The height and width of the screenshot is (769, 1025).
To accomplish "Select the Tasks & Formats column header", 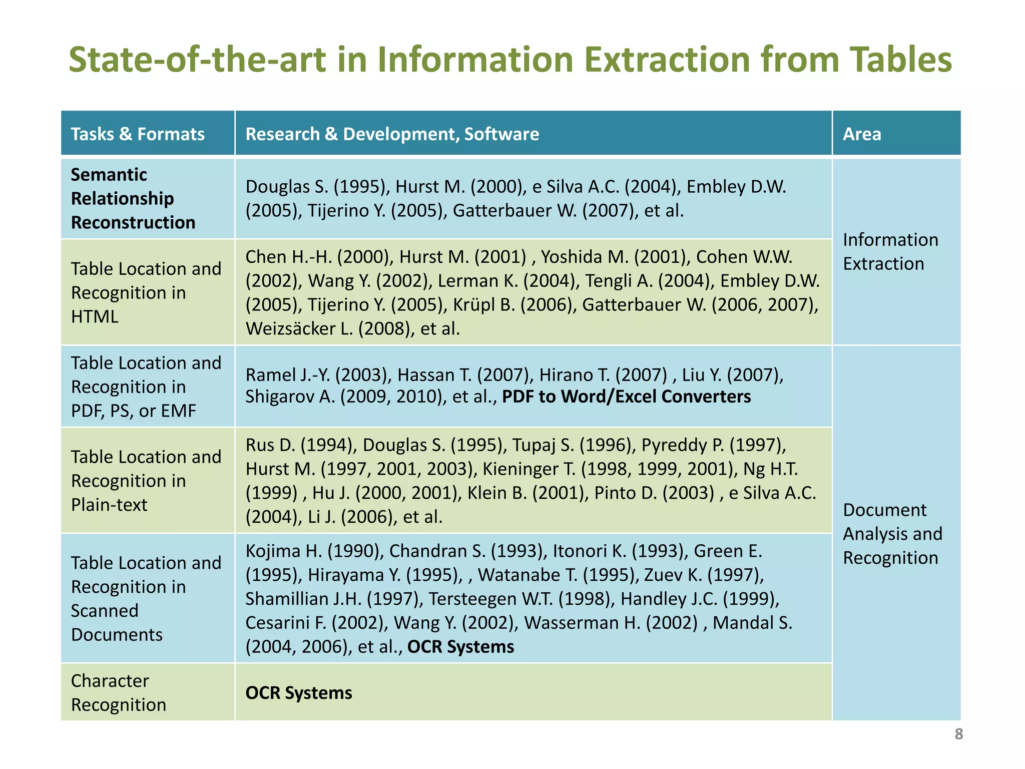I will coord(138,134).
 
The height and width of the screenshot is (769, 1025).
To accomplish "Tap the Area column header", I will coord(861,134).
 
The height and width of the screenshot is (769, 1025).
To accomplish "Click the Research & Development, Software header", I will coord(392,134).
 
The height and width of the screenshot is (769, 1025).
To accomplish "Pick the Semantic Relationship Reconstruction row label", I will coord(133,198).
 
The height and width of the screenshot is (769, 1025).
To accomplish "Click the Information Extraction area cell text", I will coord(890,252).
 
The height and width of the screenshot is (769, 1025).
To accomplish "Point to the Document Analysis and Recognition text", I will coord(892,534).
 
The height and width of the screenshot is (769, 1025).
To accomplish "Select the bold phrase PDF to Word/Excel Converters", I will coord(626,397).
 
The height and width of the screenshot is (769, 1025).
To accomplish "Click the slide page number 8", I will coord(958,734).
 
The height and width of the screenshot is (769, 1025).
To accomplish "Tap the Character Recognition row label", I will coord(118,692).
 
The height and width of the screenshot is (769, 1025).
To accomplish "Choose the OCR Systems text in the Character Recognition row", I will coord(299,693).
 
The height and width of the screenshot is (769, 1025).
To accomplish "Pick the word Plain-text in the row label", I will coord(109,505).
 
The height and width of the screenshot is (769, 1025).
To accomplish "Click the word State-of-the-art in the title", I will coord(197,60).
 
